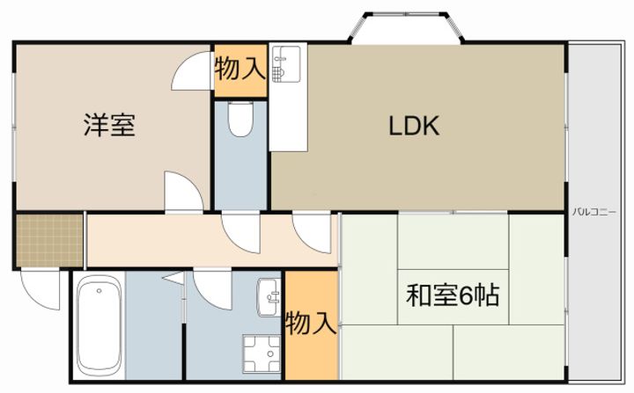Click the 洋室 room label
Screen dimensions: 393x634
109,126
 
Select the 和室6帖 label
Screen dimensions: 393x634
453,295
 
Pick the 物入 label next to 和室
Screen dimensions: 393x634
311,324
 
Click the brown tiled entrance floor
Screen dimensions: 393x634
49,238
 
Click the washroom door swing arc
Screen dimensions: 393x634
211,287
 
